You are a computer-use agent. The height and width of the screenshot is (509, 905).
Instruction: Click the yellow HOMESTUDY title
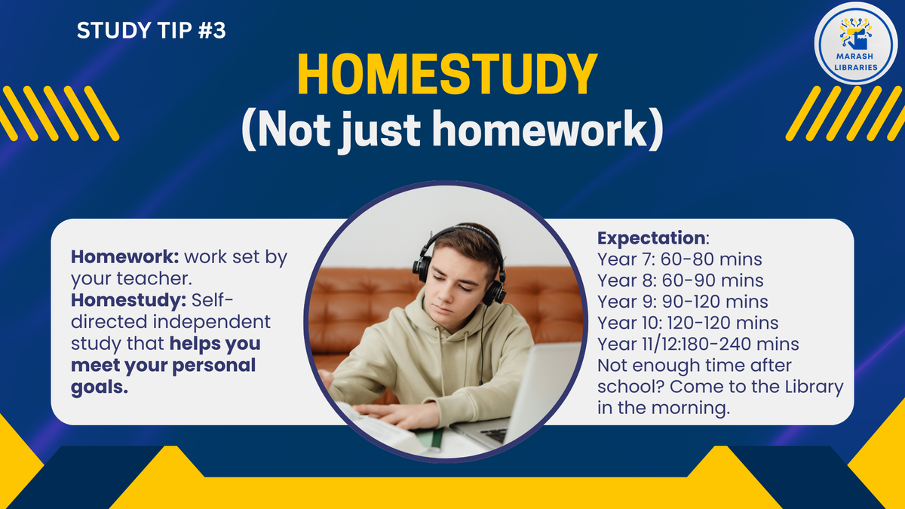click(x=447, y=74)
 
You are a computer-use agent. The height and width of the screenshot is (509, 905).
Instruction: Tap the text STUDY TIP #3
click(x=151, y=30)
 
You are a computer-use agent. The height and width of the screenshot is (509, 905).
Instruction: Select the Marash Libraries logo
click(x=856, y=43)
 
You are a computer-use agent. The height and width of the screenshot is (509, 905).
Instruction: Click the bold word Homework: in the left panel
click(x=125, y=257)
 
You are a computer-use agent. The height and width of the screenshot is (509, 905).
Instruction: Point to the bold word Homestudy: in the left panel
click(x=128, y=300)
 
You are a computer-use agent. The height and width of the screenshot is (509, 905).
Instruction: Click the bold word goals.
click(x=100, y=388)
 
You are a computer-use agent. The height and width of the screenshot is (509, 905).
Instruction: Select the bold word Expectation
click(x=652, y=238)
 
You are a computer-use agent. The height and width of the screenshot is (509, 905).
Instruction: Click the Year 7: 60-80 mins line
click(x=680, y=259)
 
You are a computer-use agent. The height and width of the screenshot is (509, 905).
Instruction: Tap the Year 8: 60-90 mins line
click(x=680, y=281)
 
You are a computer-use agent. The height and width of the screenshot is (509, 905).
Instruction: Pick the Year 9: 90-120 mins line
click(x=683, y=302)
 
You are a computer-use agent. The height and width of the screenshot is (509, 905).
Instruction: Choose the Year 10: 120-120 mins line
click(x=688, y=323)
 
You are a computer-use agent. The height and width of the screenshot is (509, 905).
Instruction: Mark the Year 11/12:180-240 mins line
click(x=698, y=344)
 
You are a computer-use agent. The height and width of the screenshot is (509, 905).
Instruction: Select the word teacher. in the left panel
click(x=155, y=279)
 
